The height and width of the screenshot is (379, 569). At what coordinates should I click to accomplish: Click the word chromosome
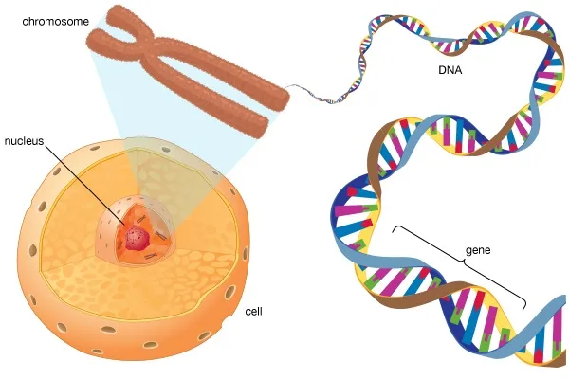click(56, 22)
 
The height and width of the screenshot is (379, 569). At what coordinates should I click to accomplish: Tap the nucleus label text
click(24, 141)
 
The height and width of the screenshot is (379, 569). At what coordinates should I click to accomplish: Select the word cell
click(253, 312)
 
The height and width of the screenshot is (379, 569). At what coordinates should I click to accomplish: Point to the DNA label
click(450, 70)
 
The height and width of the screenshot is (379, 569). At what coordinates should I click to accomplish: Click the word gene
click(478, 250)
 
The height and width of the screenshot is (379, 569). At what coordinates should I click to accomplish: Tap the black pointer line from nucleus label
click(85, 184)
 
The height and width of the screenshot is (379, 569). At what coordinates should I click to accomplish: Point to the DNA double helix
click(453, 189)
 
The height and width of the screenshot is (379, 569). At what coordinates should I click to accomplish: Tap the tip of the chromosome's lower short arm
click(93, 41)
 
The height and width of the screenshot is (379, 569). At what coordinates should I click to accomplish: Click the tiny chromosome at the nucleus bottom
click(151, 257)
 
